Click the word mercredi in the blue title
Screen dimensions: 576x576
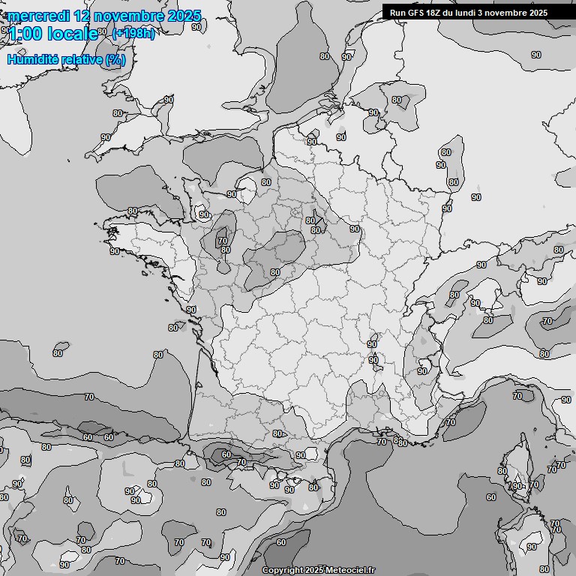click(x=35, y=16)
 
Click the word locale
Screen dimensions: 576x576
click(x=73, y=33)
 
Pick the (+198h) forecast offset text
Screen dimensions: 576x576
click(x=133, y=33)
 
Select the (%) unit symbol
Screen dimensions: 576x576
click(x=115, y=59)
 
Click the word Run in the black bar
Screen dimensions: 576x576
click(x=399, y=13)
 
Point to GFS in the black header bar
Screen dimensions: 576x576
click(x=418, y=13)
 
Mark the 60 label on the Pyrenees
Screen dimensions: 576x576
click(x=226, y=454)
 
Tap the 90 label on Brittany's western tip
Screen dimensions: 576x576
click(x=115, y=251)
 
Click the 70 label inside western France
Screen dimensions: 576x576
click(x=222, y=241)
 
